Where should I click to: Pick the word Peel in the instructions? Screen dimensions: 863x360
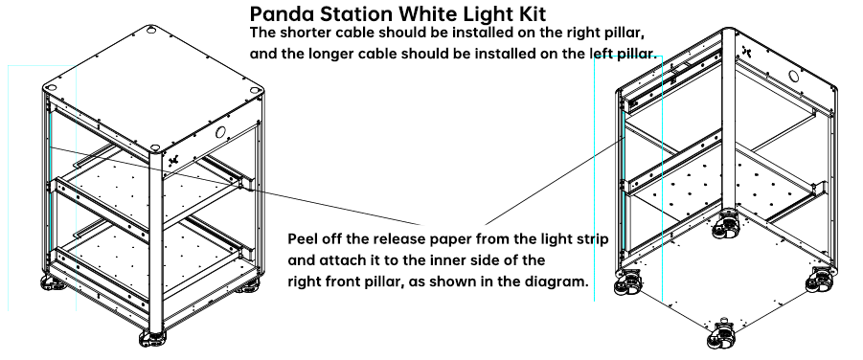click(302, 239)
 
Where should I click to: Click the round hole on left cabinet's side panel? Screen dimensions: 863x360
click(220, 132)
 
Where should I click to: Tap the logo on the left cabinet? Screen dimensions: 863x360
click(173, 160)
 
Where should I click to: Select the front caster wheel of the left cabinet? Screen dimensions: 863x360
click(153, 338)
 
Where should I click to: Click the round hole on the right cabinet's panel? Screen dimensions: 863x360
click(793, 76)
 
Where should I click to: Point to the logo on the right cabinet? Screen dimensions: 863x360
click(747, 51)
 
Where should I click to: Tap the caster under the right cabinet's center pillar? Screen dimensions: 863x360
click(727, 224)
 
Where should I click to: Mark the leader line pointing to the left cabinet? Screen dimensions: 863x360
click(236, 186)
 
